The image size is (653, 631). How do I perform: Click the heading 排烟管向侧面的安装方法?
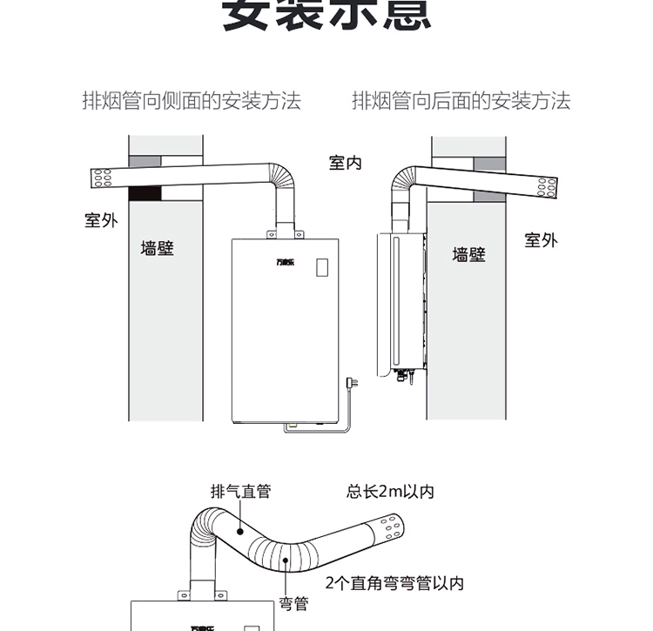(192, 101)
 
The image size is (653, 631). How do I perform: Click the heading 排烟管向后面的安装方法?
(461, 101)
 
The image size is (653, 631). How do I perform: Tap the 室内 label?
(345, 163)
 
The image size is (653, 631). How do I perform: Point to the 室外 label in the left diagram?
(101, 220)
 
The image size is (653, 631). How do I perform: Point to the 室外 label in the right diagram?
(541, 240)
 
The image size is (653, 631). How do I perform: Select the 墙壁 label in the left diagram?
(158, 249)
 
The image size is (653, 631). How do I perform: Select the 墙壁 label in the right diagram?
(468, 254)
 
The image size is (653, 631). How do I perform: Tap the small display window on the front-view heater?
(323, 267)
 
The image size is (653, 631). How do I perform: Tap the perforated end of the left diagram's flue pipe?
(104, 179)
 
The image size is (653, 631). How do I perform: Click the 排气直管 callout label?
(240, 492)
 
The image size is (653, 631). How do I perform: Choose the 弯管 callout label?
(293, 602)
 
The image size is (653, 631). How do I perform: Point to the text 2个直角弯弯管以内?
(394, 583)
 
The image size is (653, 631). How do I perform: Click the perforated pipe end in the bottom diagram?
(388, 528)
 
